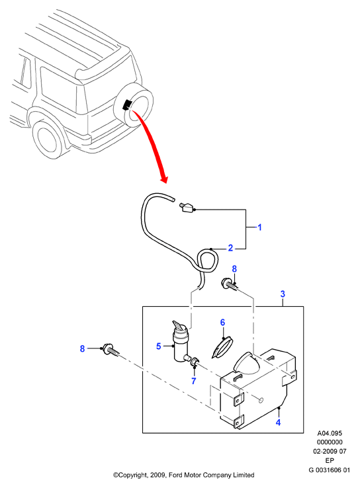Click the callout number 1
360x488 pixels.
click(259, 227)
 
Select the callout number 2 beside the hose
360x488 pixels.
click(230, 248)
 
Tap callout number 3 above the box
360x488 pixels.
click(283, 294)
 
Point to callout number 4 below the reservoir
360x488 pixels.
click(278, 423)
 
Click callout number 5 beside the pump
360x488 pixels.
click(159, 346)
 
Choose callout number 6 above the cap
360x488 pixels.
click(222, 323)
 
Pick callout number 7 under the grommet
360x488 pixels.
click(194, 381)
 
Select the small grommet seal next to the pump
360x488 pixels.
click(195, 362)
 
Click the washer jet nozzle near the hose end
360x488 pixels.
click(186, 207)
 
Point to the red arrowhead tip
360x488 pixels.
click(163, 183)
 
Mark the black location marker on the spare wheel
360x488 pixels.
click(127, 104)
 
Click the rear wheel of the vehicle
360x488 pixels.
click(48, 139)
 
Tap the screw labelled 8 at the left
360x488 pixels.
click(109, 350)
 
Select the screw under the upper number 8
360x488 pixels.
click(230, 284)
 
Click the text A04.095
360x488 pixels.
click(330, 433)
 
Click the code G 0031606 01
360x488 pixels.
click(330, 470)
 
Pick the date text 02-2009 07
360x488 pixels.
click(330, 451)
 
